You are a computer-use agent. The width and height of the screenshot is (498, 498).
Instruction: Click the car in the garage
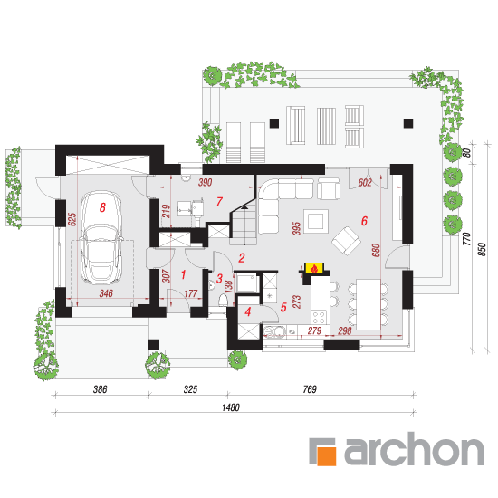click(x=101, y=237)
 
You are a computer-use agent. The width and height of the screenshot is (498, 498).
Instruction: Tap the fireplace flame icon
click(x=314, y=269)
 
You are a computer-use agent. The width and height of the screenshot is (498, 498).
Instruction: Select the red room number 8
click(x=102, y=207)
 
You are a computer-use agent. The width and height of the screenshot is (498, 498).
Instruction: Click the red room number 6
click(x=364, y=221)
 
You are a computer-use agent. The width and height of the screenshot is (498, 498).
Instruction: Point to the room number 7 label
click(x=219, y=202)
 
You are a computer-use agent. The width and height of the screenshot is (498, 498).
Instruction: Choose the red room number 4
click(x=248, y=311)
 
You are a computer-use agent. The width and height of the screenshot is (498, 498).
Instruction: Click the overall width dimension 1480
click(x=231, y=407)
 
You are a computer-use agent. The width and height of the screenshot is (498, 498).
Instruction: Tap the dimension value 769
click(x=310, y=389)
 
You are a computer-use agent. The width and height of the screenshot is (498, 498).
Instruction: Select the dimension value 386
click(x=100, y=389)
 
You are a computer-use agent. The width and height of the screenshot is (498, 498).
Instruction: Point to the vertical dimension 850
click(x=482, y=250)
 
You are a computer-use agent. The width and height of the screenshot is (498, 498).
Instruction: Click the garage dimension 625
click(x=72, y=219)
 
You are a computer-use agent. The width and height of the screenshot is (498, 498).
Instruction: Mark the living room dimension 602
click(x=365, y=183)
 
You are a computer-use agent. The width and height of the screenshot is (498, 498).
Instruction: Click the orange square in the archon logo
click(x=327, y=456)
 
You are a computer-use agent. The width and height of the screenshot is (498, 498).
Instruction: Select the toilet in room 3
click(x=224, y=300)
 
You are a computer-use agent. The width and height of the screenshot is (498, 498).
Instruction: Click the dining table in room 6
click(x=369, y=304)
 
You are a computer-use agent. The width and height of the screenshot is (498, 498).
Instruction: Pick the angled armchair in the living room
click(x=346, y=241)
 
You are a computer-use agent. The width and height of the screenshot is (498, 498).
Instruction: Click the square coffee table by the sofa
click(x=316, y=221)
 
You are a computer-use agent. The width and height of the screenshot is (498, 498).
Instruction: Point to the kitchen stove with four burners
click(x=320, y=317)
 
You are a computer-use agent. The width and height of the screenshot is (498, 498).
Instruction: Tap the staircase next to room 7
click(x=244, y=224)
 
